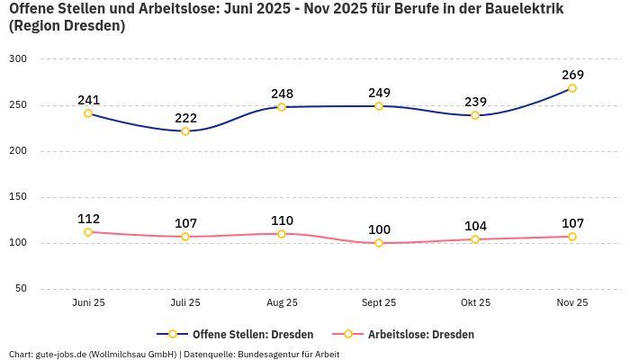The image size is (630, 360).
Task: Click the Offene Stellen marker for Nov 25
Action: pos(572,88)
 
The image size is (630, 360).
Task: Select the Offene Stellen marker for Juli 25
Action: pos(185,131)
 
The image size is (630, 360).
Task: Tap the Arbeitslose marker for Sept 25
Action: pos(379,243)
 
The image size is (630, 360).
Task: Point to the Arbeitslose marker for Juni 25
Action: pos(88,232)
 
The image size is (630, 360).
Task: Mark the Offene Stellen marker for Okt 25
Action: pos(475,115)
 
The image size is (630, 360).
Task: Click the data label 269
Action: pos(572,74)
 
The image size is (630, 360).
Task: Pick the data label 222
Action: pos(185,117)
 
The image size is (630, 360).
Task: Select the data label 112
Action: pos(88,219)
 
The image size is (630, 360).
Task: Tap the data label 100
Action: pos(379,229)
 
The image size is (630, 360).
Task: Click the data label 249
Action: pos(379,93)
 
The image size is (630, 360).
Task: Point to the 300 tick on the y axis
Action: pos(18,58)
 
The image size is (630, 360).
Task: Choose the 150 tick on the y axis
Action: pos(18,196)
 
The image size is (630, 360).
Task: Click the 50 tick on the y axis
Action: pos(21,289)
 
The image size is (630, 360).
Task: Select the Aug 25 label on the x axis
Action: pos(282,303)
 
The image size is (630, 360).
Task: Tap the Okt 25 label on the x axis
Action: pos(475,303)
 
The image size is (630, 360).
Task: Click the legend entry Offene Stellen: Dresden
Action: pos(244,334)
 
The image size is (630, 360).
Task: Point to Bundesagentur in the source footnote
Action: pos(270,354)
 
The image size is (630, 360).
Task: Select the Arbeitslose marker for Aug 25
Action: pos(282,234)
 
